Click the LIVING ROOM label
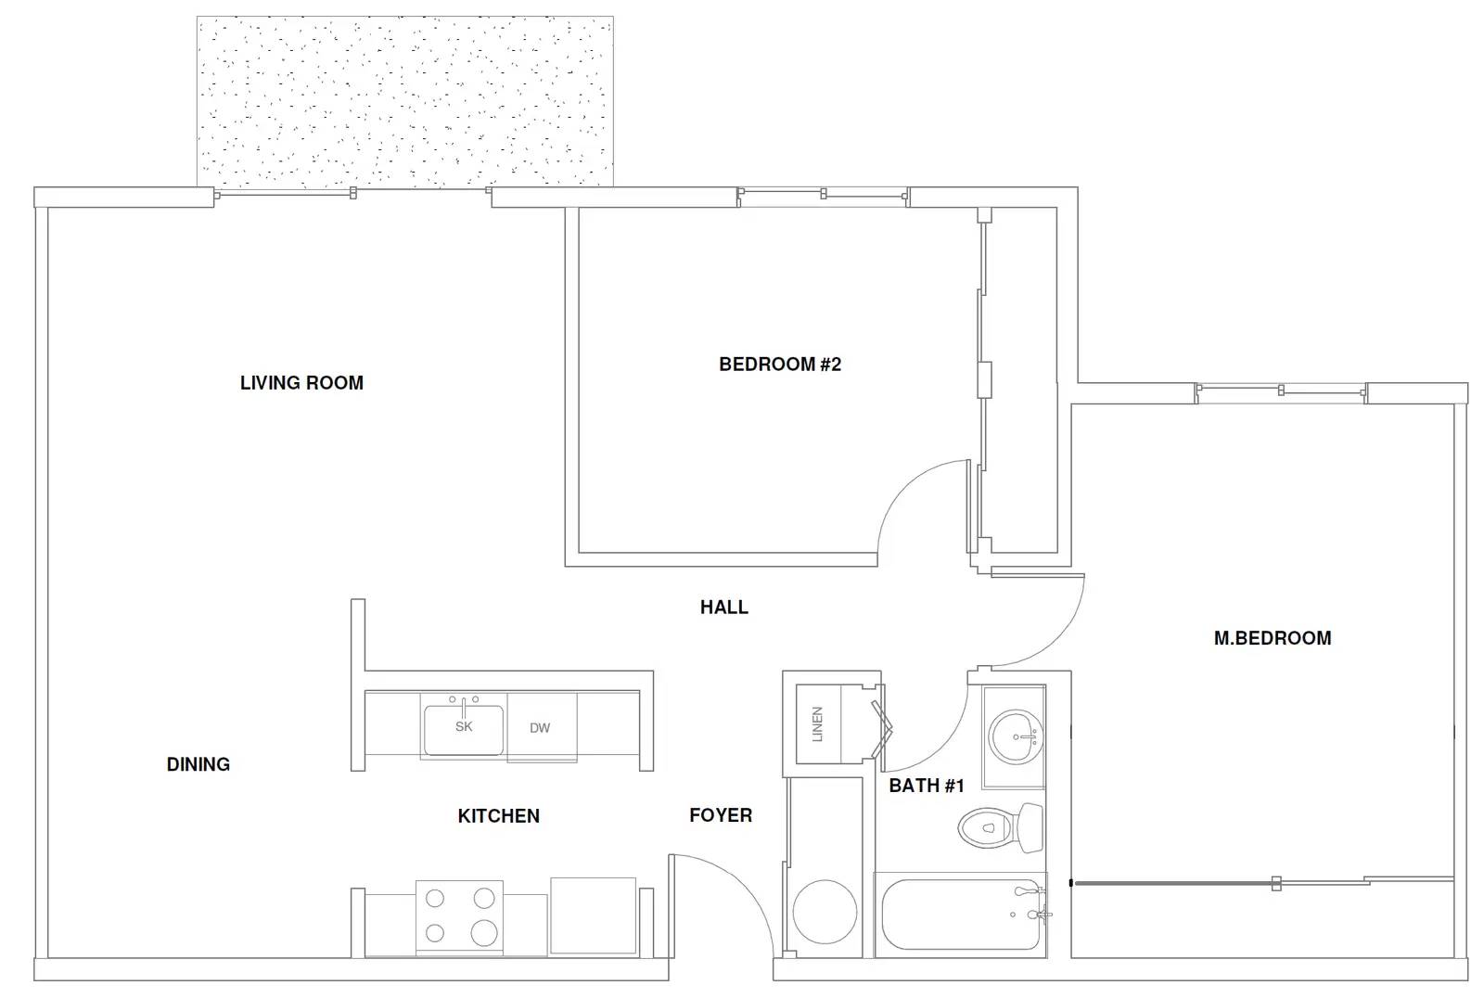pyautogui.click(x=301, y=383)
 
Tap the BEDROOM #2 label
pyautogui.click(x=780, y=365)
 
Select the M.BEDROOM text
pyautogui.click(x=1272, y=638)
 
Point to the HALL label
pyautogui.click(x=724, y=607)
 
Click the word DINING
pyautogui.click(x=198, y=765)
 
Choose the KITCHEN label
pyautogui.click(x=498, y=816)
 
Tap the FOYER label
pyautogui.click(x=721, y=816)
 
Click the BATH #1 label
pyautogui.click(x=927, y=786)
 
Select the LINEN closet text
pyautogui.click(x=817, y=724)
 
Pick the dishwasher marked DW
pyautogui.click(x=542, y=727)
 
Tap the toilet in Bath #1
pyautogui.click(x=1001, y=827)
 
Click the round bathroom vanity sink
pyautogui.click(x=1016, y=736)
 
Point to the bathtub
pyautogui.click(x=961, y=915)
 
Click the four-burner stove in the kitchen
pyautogui.click(x=459, y=917)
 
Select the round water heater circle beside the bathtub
pyautogui.click(x=825, y=912)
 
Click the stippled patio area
pyautogui.click(x=404, y=101)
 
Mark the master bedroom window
pyautogui.click(x=1281, y=391)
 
